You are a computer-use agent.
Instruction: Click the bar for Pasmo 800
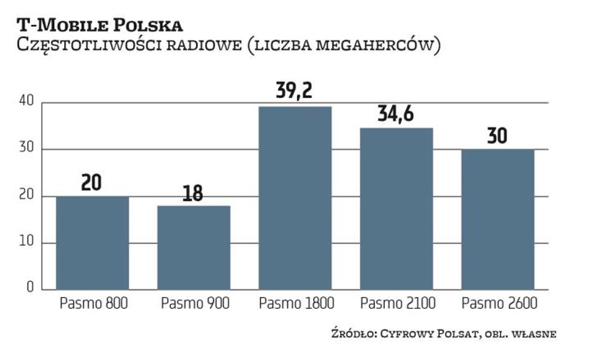[92, 243]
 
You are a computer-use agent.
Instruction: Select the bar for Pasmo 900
[194, 247]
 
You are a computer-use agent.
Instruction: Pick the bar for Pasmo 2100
[396, 209]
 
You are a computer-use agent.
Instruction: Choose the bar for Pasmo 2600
[497, 219]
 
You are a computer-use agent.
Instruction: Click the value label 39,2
[295, 92]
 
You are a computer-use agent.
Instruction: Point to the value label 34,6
[396, 114]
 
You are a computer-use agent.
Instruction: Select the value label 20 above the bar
[92, 184]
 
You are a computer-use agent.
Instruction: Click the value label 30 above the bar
[497, 136]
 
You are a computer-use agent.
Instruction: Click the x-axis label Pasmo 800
[94, 304]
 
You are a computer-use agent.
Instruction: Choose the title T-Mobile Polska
[100, 26]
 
